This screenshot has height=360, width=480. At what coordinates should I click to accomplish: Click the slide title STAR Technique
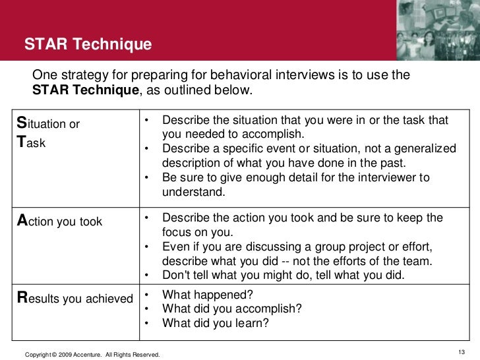88,45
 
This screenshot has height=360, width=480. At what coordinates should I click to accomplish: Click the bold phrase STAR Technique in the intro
86,90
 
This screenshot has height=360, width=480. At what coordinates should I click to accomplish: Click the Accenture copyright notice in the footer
92,355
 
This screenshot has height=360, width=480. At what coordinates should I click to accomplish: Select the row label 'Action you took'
59,222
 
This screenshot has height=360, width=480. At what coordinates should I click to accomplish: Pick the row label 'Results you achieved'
75,299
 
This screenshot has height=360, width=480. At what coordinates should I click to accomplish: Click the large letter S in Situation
21,123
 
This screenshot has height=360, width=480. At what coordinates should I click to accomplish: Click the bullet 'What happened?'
207,295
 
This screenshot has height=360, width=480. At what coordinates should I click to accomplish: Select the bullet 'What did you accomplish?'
232,309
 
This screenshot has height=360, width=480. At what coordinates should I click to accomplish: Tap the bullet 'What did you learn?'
215,322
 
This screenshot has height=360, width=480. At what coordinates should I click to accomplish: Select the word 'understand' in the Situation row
193,193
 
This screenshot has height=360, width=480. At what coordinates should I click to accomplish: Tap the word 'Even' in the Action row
175,247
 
